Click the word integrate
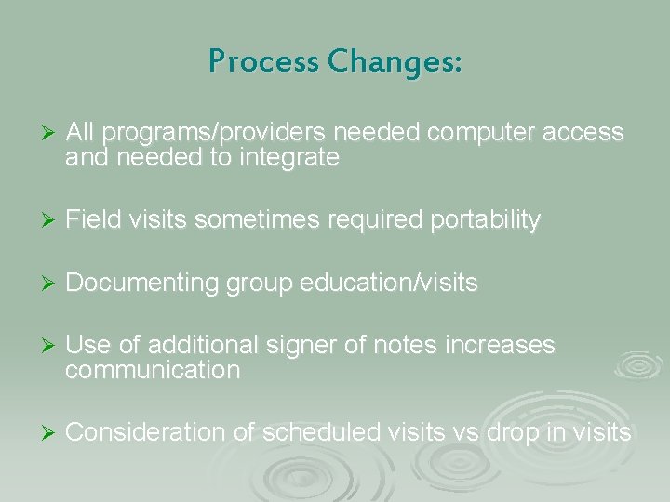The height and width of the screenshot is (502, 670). (289, 159)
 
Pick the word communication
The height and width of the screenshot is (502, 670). (153, 372)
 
